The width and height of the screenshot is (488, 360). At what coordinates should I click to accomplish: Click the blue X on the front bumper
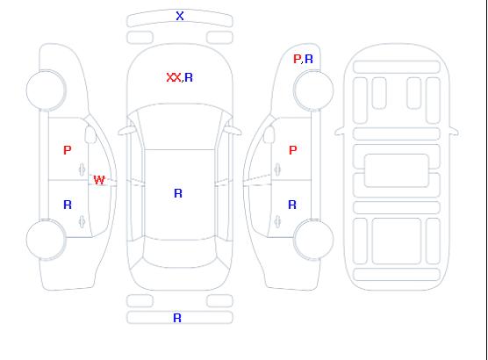click(180, 16)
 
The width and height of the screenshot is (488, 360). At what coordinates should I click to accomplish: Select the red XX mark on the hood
click(174, 77)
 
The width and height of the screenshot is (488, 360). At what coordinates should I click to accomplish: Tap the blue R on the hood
click(189, 77)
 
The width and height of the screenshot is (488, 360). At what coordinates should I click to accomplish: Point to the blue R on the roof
click(178, 193)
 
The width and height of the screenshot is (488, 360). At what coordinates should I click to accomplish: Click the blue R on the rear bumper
click(177, 318)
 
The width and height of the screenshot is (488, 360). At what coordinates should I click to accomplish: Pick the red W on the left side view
click(99, 180)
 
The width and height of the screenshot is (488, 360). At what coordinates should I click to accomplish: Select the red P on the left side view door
click(68, 150)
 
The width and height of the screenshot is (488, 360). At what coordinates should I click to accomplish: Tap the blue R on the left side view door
click(68, 205)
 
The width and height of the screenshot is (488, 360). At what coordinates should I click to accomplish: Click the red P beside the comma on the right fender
click(297, 59)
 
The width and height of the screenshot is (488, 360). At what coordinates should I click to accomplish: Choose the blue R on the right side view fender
click(309, 59)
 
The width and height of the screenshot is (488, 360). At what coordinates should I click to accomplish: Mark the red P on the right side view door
click(293, 150)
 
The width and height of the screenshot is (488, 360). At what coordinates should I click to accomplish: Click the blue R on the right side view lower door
click(292, 205)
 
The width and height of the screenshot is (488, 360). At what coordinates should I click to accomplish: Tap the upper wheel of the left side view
click(46, 90)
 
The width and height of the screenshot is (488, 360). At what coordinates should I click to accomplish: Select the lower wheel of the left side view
click(46, 240)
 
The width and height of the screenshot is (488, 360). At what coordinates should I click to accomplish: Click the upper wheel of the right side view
click(313, 90)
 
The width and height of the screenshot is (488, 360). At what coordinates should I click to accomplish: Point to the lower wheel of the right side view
click(313, 239)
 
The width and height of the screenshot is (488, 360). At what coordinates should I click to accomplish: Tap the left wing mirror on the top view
click(126, 131)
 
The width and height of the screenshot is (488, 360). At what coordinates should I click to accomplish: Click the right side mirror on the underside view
click(453, 131)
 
